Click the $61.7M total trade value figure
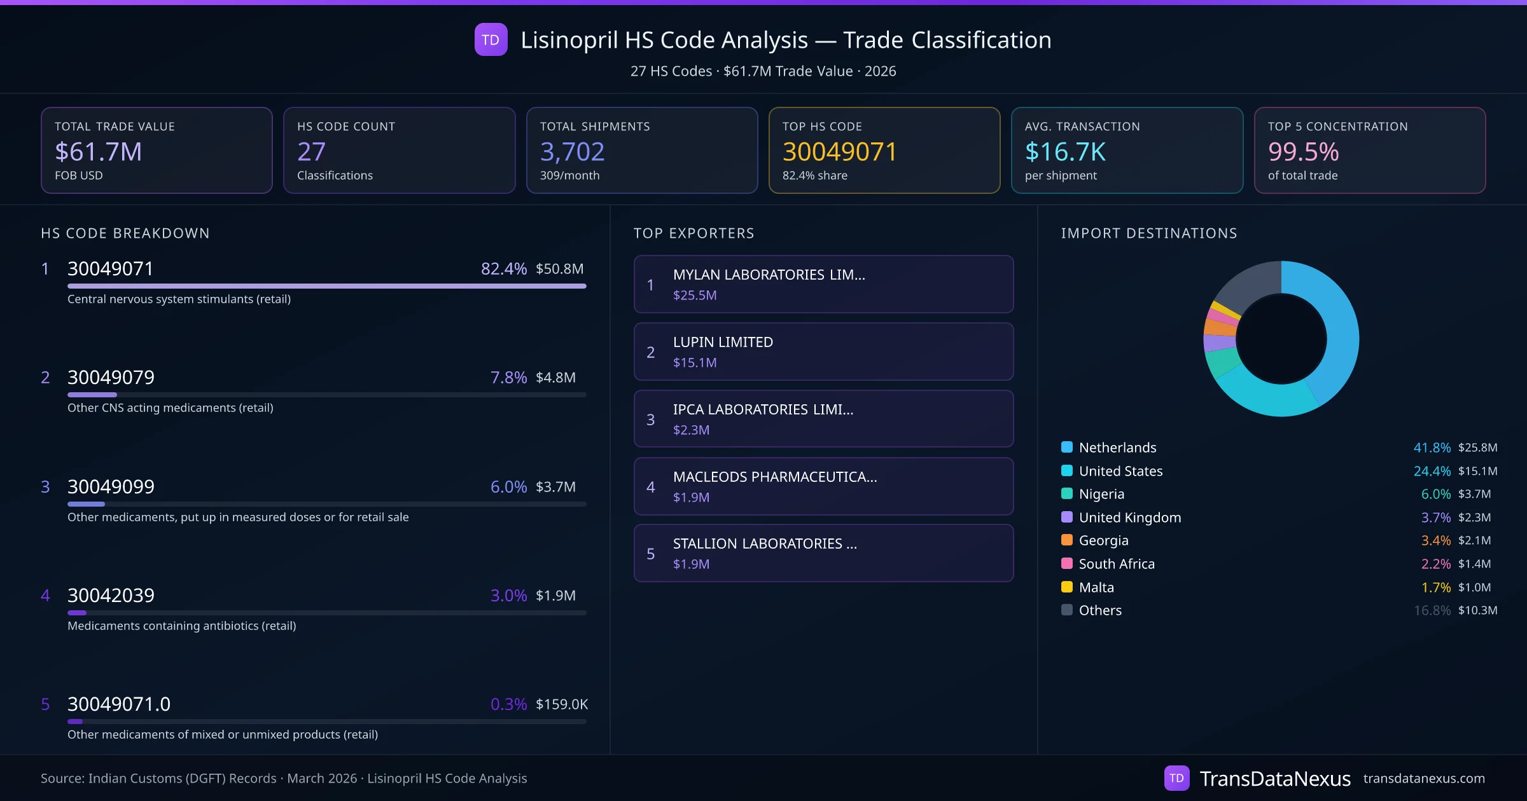[x=98, y=152]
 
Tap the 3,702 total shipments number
[x=572, y=152]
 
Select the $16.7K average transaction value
[x=1065, y=152]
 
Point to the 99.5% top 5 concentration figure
[x=1303, y=152]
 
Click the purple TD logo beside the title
[x=491, y=40]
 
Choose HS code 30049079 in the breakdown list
[x=111, y=378]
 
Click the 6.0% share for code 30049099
[x=508, y=487]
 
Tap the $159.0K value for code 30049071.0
[x=561, y=704]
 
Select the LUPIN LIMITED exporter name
[x=723, y=342]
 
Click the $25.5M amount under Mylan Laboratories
[x=695, y=296]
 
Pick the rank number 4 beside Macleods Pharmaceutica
[x=650, y=487]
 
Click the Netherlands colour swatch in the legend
[x=1067, y=448]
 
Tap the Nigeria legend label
[x=1101, y=494]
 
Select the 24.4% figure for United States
[x=1432, y=471]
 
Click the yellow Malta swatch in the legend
[x=1067, y=587]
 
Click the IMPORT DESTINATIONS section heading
[x=1149, y=233]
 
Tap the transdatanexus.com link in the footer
[x=1424, y=779]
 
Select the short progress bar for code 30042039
[x=77, y=613]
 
